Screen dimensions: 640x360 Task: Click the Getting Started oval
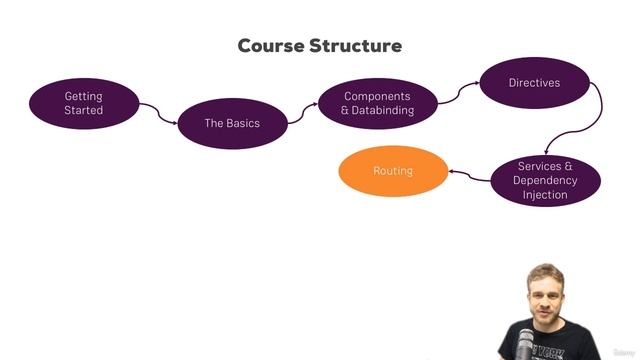tap(83, 103)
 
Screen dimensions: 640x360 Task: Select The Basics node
tap(232, 123)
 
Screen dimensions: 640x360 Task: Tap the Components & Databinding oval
tap(377, 103)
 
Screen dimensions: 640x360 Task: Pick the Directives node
tap(533, 83)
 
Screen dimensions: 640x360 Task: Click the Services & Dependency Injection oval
tap(545, 180)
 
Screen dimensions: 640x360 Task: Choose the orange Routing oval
tap(392, 171)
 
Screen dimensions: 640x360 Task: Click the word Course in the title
tap(268, 46)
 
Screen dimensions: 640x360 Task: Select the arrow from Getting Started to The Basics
tap(155, 111)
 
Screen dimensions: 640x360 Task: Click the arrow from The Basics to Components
tap(303, 113)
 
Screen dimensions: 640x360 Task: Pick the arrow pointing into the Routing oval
tap(466, 175)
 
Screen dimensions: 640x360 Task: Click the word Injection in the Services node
tap(545, 195)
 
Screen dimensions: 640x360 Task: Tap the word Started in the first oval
tap(83, 110)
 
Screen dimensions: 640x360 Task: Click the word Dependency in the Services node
tap(545, 180)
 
